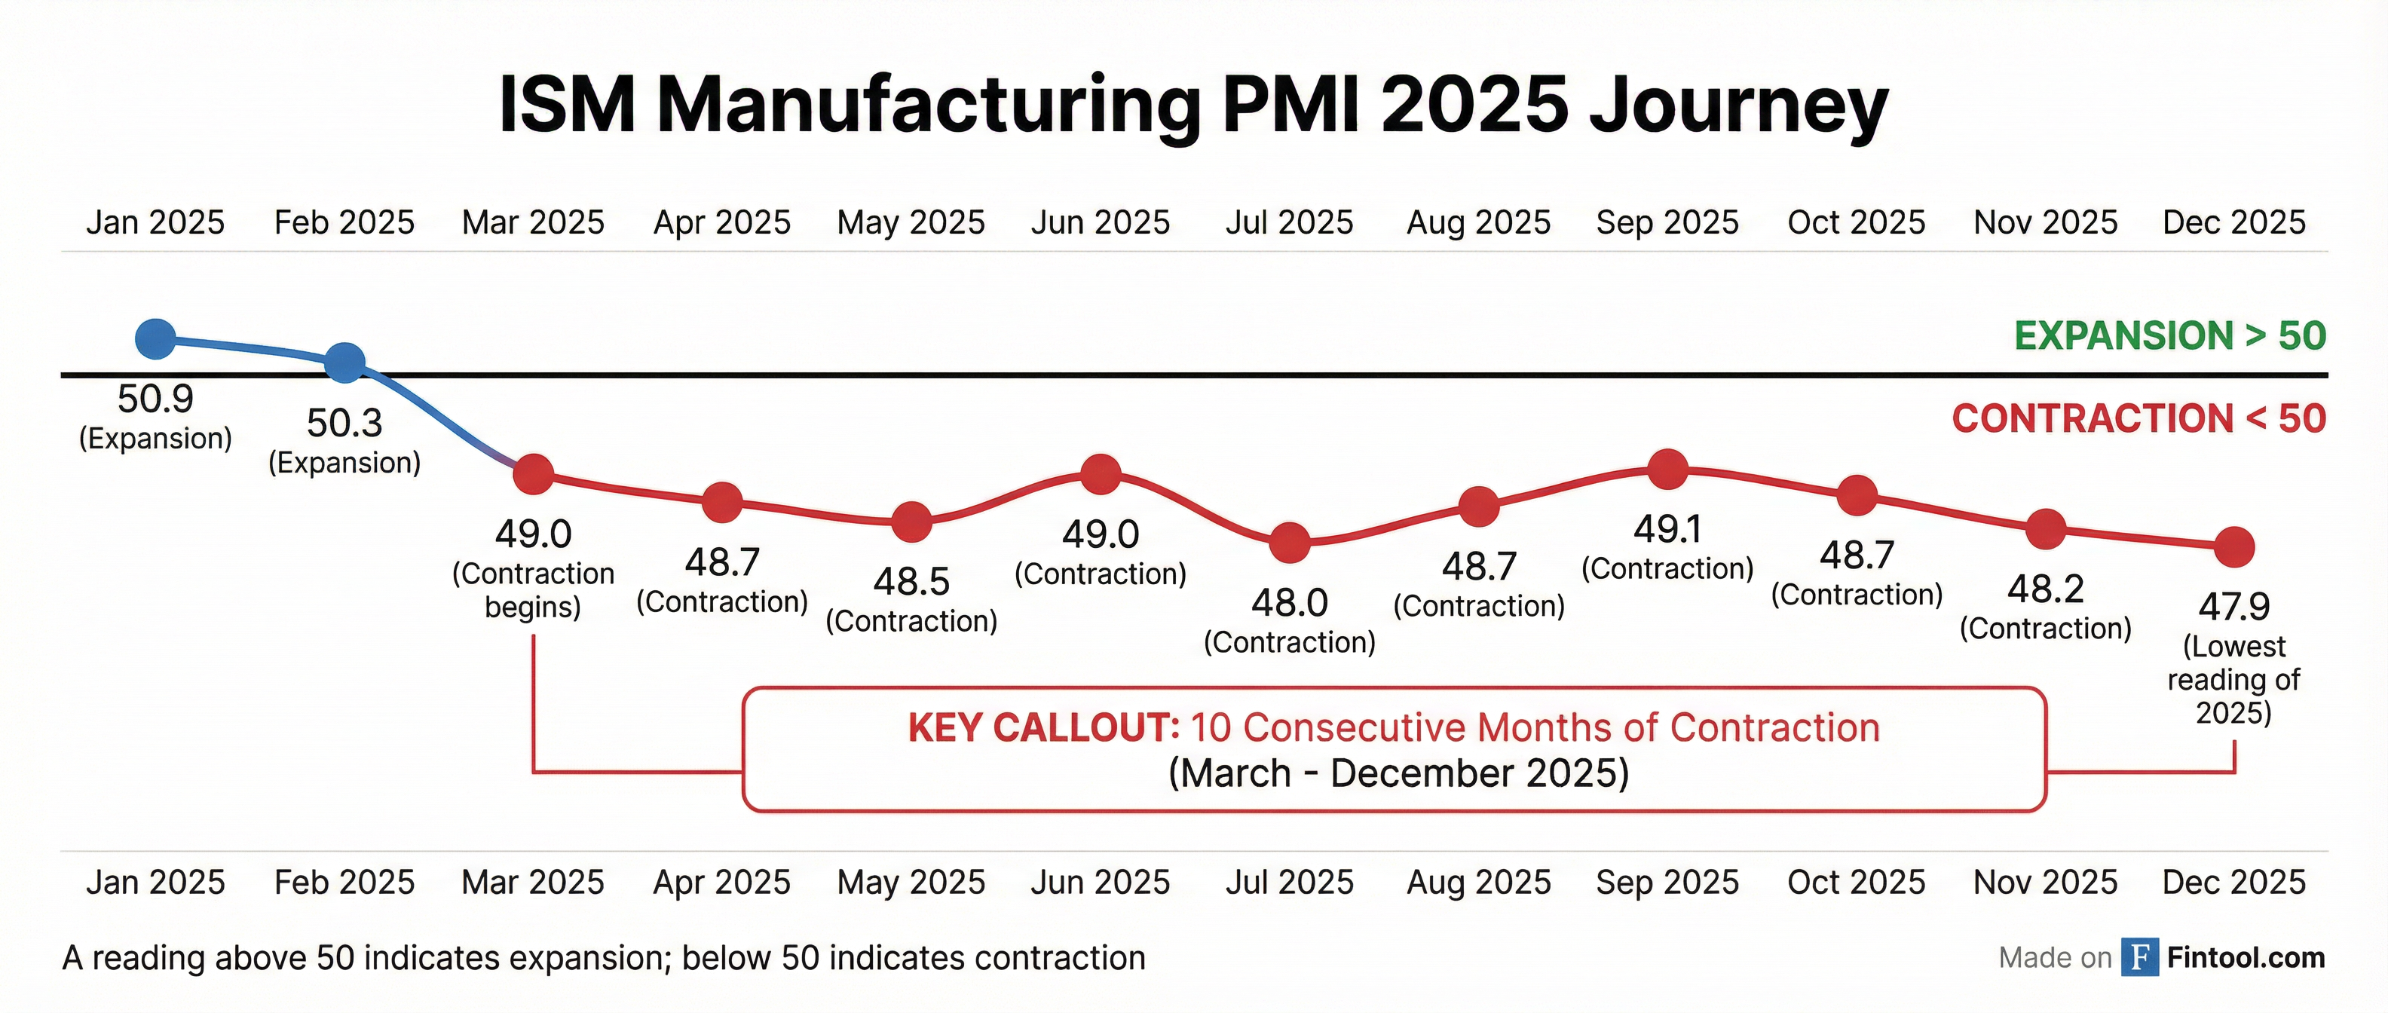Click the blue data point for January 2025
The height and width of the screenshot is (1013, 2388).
click(x=156, y=338)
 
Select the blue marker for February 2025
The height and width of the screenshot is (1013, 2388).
click(x=344, y=363)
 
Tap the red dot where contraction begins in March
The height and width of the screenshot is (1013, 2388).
click(x=534, y=475)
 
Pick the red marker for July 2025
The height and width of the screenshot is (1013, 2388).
click(x=1290, y=542)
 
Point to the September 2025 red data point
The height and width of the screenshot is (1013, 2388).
click(x=1667, y=469)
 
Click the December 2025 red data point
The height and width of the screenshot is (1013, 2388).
click(x=2234, y=546)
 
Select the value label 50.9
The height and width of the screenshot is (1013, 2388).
click(x=156, y=399)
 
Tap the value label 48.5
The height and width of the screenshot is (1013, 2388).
click(x=911, y=582)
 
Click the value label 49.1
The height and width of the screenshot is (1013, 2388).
click(x=1667, y=529)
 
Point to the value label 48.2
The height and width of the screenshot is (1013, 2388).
click(x=2046, y=589)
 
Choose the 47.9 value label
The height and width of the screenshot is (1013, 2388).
click(x=2234, y=607)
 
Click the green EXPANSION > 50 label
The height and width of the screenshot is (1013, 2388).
click(x=2169, y=335)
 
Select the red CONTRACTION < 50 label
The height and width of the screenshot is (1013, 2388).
click(x=2138, y=419)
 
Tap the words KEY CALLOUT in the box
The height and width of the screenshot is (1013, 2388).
click(x=1043, y=728)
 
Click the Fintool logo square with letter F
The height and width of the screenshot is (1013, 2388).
click(x=2139, y=957)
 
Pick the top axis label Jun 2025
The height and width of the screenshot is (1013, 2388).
click(x=1101, y=222)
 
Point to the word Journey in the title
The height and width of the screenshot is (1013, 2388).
click(x=1738, y=104)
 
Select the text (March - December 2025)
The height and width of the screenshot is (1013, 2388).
click(x=1398, y=773)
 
